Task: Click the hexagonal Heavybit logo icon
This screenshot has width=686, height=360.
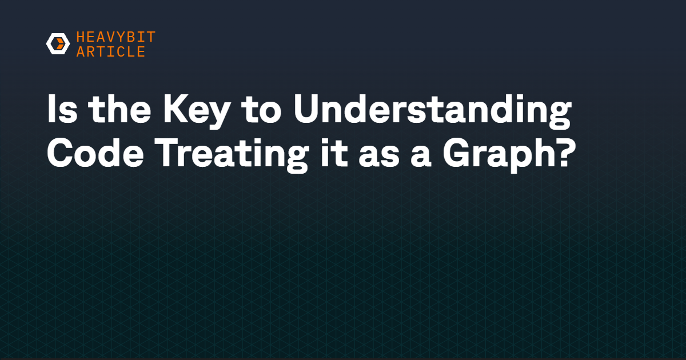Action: click(x=58, y=44)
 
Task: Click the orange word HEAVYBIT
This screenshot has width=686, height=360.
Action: click(x=116, y=37)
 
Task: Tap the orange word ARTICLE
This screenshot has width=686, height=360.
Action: click(x=111, y=51)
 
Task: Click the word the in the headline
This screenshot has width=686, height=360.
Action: click(x=119, y=109)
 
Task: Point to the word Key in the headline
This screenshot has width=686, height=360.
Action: click(x=196, y=111)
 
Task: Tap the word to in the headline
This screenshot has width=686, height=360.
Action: click(x=261, y=111)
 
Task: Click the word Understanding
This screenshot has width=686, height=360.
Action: click(x=432, y=111)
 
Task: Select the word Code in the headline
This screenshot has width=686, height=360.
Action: click(x=95, y=153)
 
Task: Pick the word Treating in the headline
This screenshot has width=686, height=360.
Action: click(x=233, y=155)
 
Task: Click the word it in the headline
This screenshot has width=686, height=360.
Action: click(x=334, y=153)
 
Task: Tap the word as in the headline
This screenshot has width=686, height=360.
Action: click(x=379, y=156)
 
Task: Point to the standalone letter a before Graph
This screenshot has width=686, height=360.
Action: click(x=421, y=156)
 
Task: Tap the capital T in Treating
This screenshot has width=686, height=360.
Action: click(x=169, y=153)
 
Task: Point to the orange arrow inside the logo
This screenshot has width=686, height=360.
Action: click(x=60, y=44)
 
